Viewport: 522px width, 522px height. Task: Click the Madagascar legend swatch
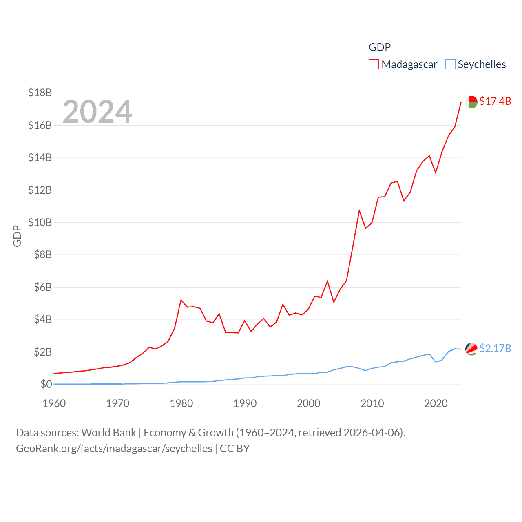tap(374, 64)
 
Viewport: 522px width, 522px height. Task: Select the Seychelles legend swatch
tap(450, 64)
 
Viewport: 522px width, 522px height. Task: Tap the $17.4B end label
tap(495, 101)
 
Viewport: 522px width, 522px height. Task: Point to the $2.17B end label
tap(495, 348)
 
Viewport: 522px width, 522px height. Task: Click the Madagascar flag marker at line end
tap(471, 102)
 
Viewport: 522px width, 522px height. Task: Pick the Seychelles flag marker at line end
tap(471, 349)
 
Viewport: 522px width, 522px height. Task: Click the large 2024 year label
tap(97, 112)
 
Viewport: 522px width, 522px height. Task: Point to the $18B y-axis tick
tap(40, 93)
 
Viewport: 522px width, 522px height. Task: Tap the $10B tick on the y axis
tap(40, 222)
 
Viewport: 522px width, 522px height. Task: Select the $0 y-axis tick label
tap(46, 384)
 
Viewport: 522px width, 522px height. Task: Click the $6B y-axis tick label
tap(43, 287)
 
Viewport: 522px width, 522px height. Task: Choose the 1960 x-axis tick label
tap(54, 404)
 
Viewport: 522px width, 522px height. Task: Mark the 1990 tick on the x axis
tap(245, 404)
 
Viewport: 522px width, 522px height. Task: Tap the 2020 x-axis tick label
tap(436, 404)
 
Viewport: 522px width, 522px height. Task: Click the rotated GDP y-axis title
tap(17, 236)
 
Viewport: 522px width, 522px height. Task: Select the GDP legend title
tap(380, 47)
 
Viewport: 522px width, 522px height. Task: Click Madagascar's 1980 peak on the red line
tap(181, 300)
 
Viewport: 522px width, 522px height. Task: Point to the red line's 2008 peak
tap(359, 210)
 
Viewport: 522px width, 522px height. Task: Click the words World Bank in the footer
tap(108, 432)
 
